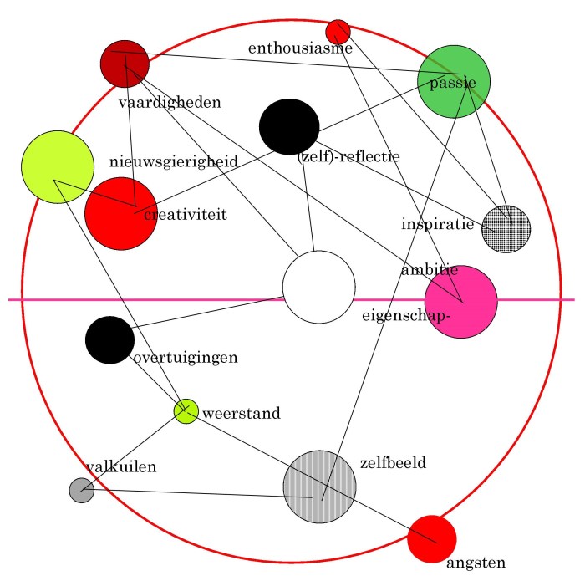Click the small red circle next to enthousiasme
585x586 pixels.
tap(338, 32)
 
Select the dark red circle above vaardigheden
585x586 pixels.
tap(125, 63)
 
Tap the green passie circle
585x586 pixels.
tap(454, 82)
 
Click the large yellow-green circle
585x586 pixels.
tap(57, 166)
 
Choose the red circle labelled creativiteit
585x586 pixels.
tap(121, 213)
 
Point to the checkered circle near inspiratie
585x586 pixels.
tap(506, 228)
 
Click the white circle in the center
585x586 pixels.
tap(318, 287)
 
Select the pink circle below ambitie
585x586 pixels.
tap(460, 302)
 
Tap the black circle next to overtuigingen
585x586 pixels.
tap(109, 340)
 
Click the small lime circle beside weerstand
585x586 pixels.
tap(186, 410)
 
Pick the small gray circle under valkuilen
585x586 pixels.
tap(81, 491)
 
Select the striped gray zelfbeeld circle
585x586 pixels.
tap(320, 487)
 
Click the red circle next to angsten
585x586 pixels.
tap(431, 539)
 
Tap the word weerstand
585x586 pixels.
tap(242, 413)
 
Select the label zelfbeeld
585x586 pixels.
tap(393, 461)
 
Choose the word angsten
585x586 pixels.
tap(476, 563)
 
